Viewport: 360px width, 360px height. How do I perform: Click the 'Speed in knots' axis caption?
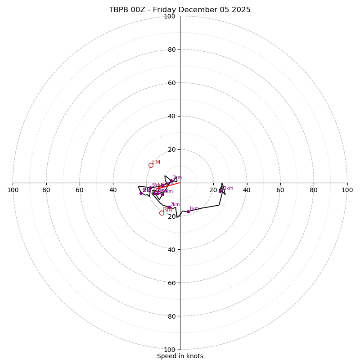180,356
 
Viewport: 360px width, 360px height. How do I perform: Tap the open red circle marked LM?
151,165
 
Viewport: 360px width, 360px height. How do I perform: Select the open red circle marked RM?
162,213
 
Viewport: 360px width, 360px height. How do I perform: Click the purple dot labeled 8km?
188,211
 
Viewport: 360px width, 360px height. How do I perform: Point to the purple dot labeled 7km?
169,207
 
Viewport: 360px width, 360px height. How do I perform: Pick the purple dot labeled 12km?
220,191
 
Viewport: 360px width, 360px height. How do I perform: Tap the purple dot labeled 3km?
171,181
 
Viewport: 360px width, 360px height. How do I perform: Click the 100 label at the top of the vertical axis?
170,16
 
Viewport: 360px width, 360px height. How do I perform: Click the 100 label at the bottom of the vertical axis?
170,350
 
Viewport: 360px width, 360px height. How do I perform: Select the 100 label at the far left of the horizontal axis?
13,190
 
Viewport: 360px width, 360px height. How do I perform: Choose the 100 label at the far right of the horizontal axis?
347,190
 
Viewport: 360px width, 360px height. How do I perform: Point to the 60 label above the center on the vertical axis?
171,83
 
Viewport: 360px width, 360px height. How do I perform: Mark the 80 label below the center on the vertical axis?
171,316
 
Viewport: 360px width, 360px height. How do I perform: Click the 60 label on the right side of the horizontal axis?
280,190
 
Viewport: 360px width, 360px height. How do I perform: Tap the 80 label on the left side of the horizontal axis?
46,190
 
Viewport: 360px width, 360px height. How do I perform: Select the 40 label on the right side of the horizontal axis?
247,190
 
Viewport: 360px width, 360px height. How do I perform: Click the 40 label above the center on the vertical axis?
171,116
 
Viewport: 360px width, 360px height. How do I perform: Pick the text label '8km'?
194,209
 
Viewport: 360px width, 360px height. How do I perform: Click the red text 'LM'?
156,162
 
